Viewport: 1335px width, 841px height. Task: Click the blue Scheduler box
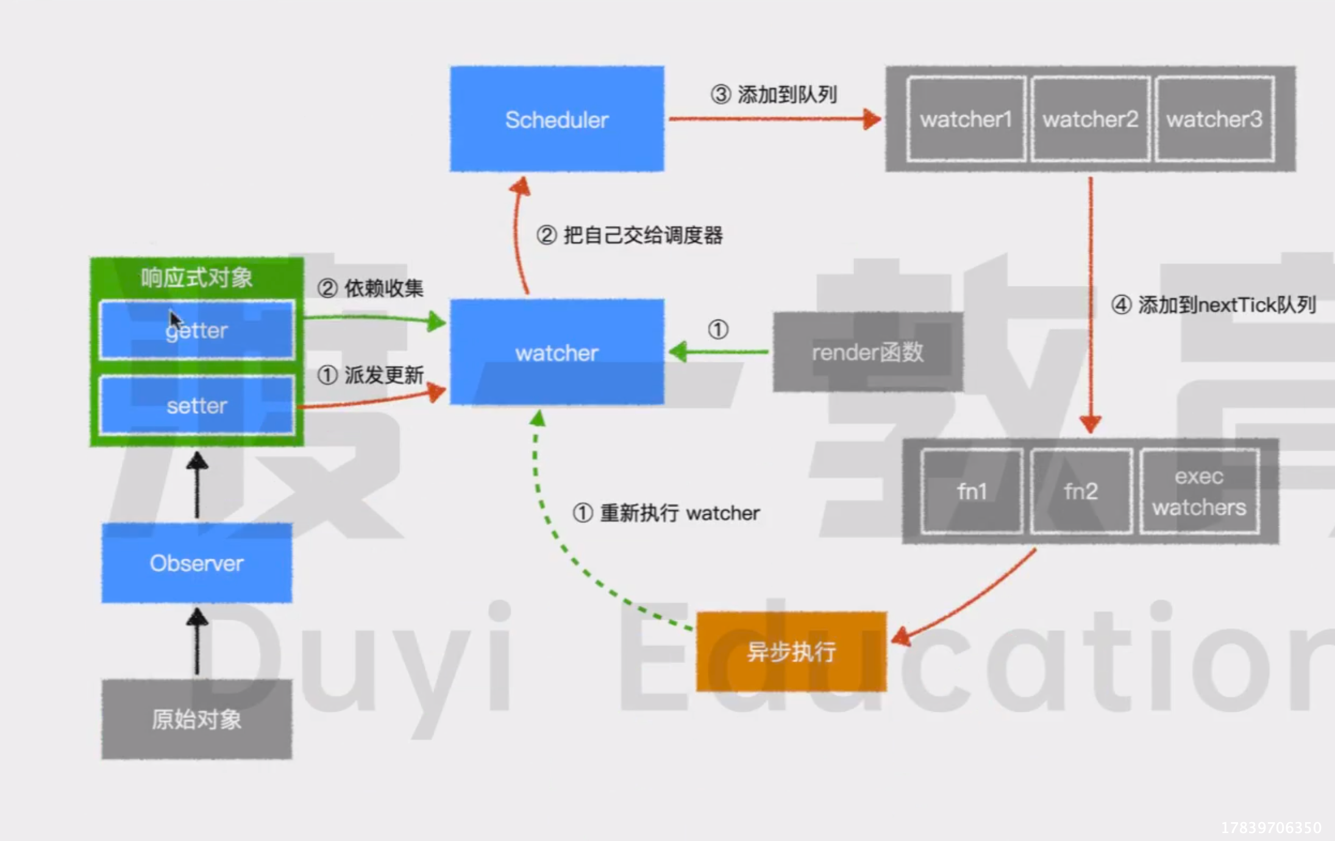pos(557,119)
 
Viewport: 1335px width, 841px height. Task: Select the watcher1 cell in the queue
pos(966,119)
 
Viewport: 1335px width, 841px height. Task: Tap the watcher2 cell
pos(1090,119)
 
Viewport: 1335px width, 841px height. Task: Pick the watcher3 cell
pos(1214,119)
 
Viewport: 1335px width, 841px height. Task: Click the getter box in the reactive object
pos(196,330)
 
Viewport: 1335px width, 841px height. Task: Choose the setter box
pos(196,406)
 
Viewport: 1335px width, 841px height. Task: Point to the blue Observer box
pos(196,563)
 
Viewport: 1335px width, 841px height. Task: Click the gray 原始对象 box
pos(196,719)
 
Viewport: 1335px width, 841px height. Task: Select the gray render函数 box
pos(867,352)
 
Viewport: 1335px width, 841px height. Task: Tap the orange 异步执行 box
pos(791,651)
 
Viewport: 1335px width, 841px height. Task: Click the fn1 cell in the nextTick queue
pos(971,491)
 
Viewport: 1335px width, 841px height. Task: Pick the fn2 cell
pos(1081,491)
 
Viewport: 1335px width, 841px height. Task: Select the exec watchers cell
pos(1199,491)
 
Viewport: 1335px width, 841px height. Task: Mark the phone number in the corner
pos(1271,828)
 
